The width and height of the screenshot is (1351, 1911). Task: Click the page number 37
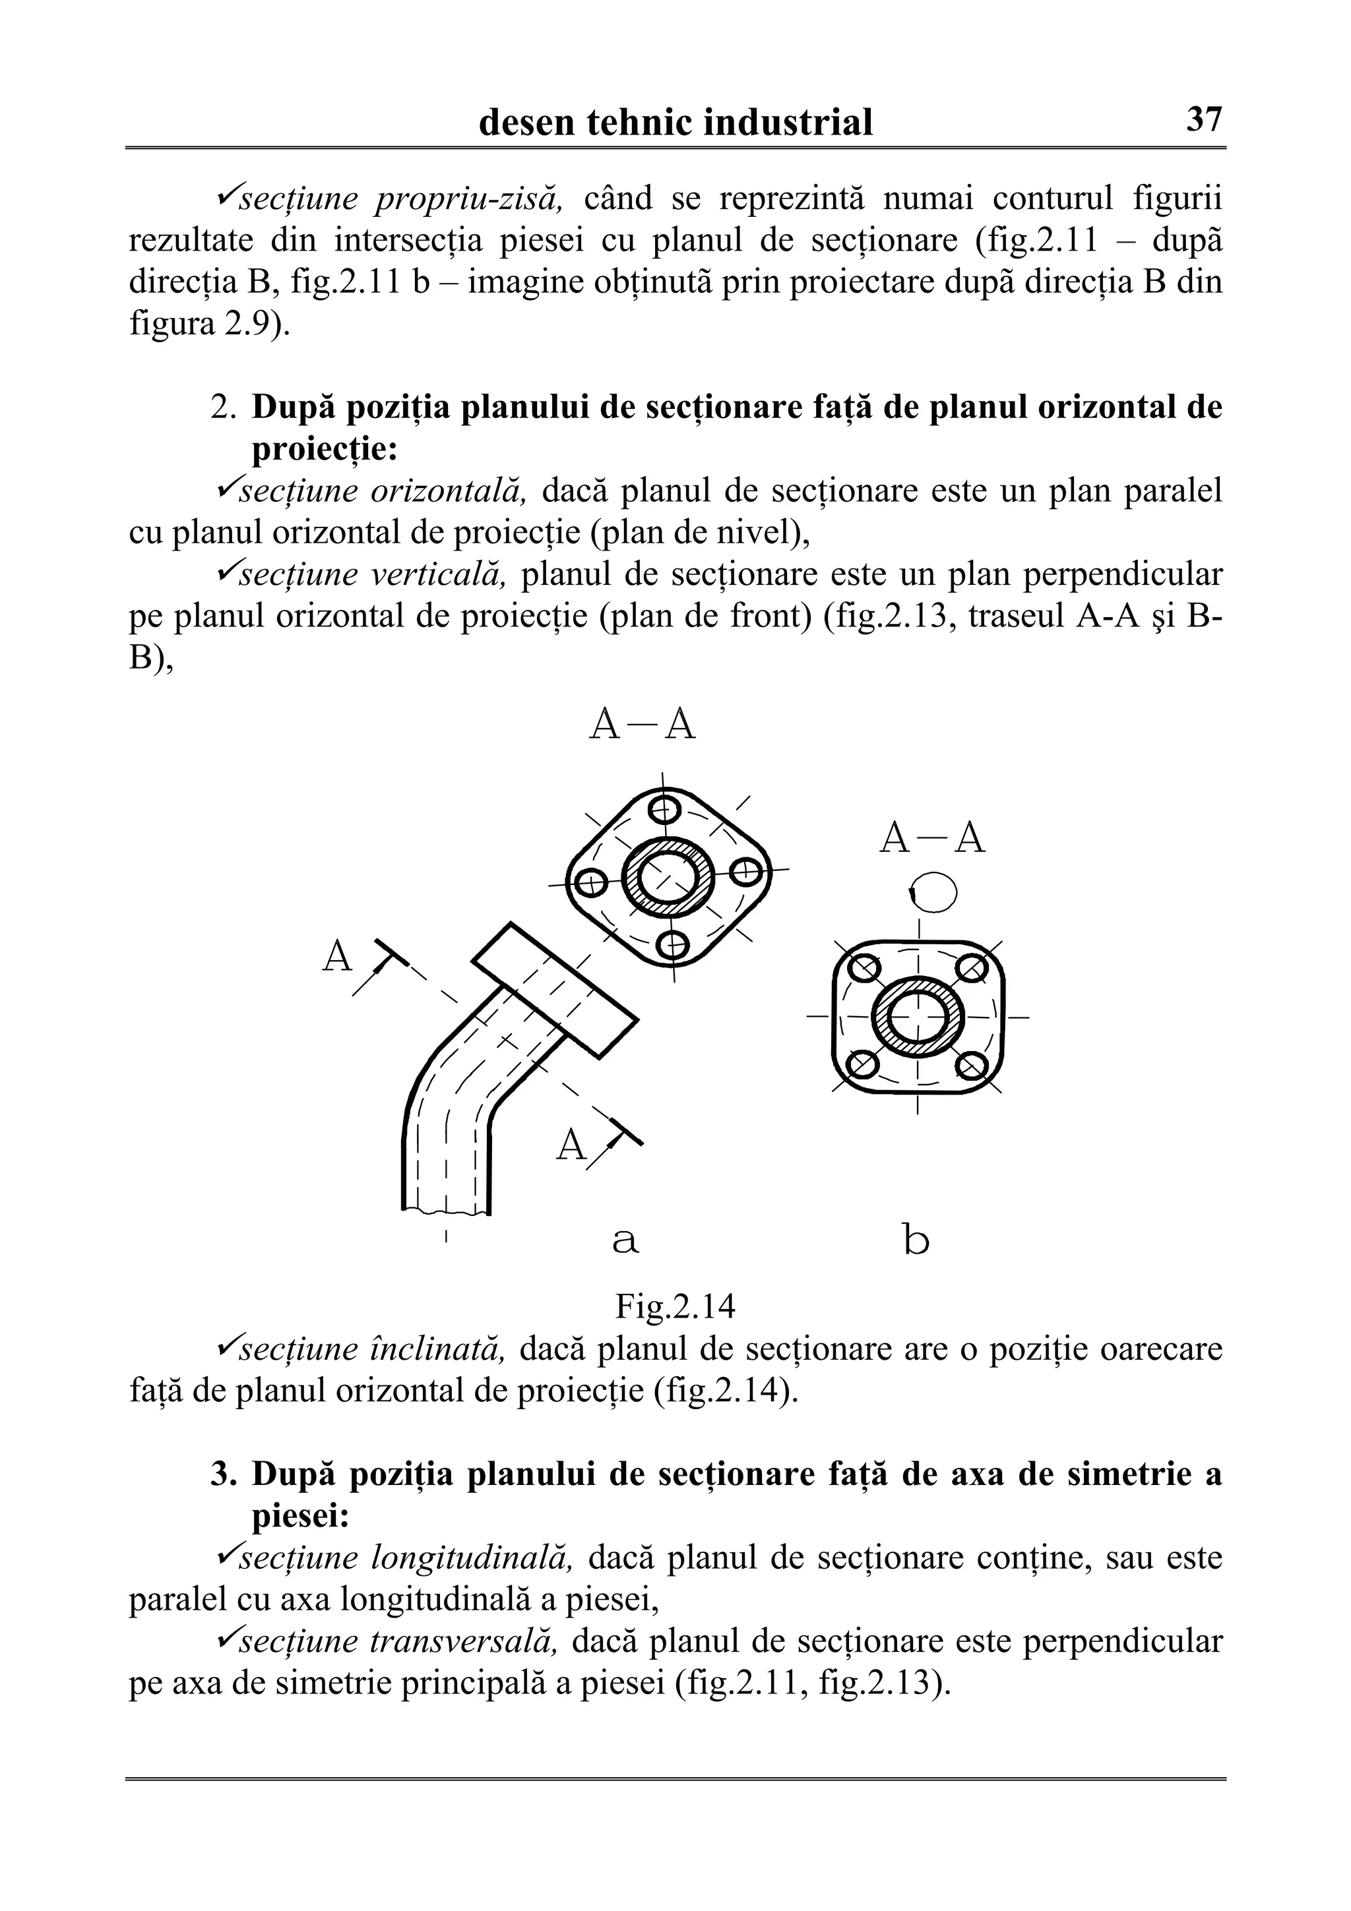point(1204,120)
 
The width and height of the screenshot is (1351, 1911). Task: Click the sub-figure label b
point(916,1241)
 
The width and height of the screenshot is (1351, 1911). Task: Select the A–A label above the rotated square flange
point(642,725)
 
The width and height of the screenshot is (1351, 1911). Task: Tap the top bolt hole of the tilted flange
point(664,808)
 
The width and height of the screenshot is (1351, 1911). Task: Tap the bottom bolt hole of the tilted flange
point(673,944)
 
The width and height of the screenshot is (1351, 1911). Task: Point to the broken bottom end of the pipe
point(446,1209)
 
